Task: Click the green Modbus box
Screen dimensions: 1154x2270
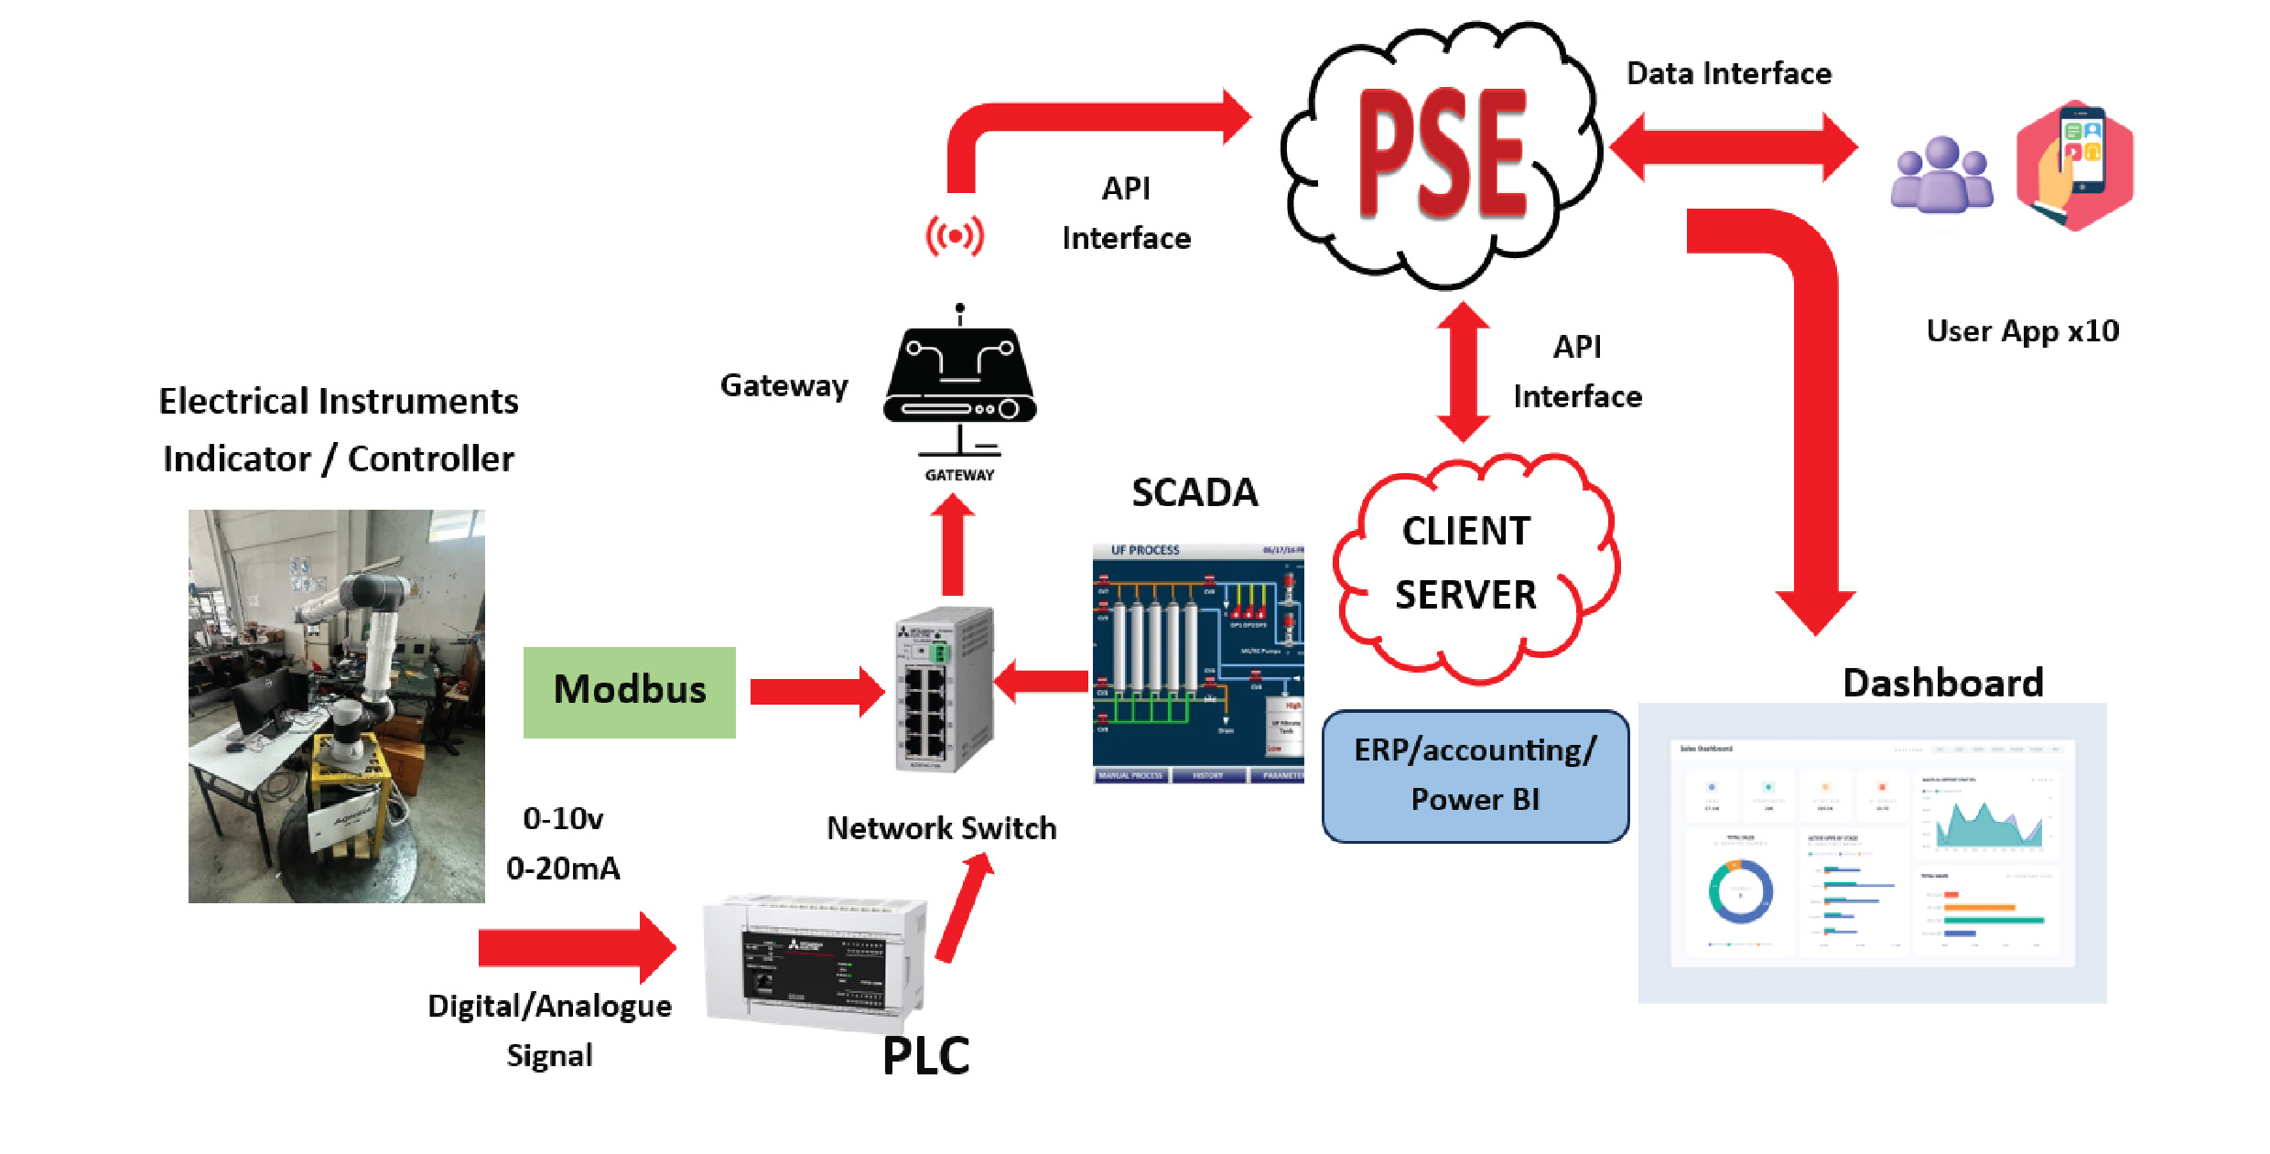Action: click(x=630, y=692)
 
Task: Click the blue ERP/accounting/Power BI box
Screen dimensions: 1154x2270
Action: click(x=1475, y=775)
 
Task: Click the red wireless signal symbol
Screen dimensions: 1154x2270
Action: click(x=955, y=236)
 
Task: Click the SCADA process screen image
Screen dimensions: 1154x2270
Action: click(x=1197, y=664)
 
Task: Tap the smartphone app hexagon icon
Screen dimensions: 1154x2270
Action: click(x=2075, y=166)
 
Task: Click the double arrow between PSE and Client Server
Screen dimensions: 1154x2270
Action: click(x=1463, y=372)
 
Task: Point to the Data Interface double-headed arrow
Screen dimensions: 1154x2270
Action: click(x=1733, y=146)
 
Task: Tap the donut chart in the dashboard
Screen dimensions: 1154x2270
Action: click(x=1740, y=890)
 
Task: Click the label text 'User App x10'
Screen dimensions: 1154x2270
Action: click(x=2022, y=330)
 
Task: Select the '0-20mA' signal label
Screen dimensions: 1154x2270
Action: click(x=563, y=868)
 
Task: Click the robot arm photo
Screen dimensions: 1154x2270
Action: click(x=337, y=706)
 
